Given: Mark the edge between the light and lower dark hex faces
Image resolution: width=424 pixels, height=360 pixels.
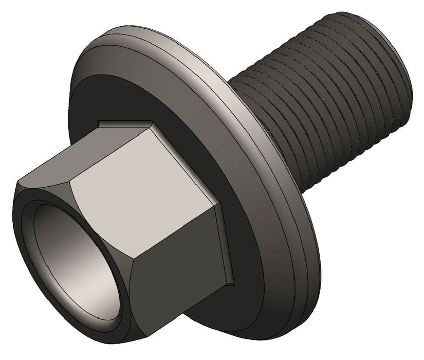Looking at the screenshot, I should click(x=170, y=244).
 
